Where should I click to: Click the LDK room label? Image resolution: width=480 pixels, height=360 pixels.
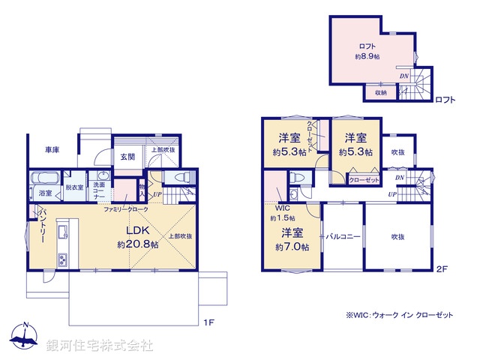tap(138, 230)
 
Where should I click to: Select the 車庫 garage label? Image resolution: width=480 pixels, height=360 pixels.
tap(51, 150)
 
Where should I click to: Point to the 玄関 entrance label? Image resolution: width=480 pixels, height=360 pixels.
tap(127, 157)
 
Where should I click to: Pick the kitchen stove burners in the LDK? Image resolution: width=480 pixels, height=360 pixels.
tap(61, 260)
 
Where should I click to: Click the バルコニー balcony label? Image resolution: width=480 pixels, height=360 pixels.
tap(343, 235)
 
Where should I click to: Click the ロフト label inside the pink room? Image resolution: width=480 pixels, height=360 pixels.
tap(365, 44)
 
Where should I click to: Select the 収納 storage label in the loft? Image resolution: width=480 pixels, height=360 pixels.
tap(380, 93)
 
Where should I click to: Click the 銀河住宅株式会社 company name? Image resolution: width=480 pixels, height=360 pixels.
tap(100, 345)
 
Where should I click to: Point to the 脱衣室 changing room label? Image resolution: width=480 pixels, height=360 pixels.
tap(74, 187)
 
